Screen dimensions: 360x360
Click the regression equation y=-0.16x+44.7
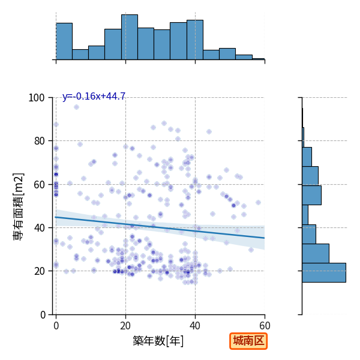point(94,96)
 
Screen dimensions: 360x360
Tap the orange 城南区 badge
point(248,341)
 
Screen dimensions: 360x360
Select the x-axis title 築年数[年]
point(158,341)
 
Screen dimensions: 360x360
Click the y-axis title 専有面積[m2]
point(19,206)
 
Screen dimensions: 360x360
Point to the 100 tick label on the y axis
point(36,98)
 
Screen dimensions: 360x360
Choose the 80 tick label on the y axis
point(39,141)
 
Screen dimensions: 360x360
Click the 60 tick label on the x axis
point(265,326)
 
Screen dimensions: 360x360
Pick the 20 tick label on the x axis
point(125,326)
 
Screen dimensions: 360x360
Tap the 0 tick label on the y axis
point(43,315)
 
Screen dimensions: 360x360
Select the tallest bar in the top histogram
point(130,37)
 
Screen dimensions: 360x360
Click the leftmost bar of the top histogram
point(64,41)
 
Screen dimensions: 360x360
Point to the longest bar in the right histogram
point(324,272)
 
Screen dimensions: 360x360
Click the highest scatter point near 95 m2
point(76,107)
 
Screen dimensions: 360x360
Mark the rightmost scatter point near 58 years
point(258,203)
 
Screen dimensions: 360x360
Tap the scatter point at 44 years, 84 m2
point(209,132)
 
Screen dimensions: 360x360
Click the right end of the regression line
point(265,238)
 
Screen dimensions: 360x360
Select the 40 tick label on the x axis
point(195,326)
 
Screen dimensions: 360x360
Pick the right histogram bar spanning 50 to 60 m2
point(312,195)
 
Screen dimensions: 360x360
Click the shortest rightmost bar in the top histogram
point(259,59)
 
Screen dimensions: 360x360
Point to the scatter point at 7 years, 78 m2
point(80,144)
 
